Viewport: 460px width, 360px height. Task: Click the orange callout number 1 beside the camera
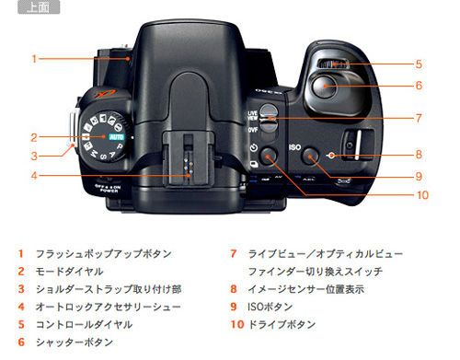point(33,59)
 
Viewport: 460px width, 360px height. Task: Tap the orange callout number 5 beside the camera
point(418,64)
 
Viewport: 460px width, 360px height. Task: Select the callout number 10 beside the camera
point(422,194)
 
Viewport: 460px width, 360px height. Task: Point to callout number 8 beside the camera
point(418,155)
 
